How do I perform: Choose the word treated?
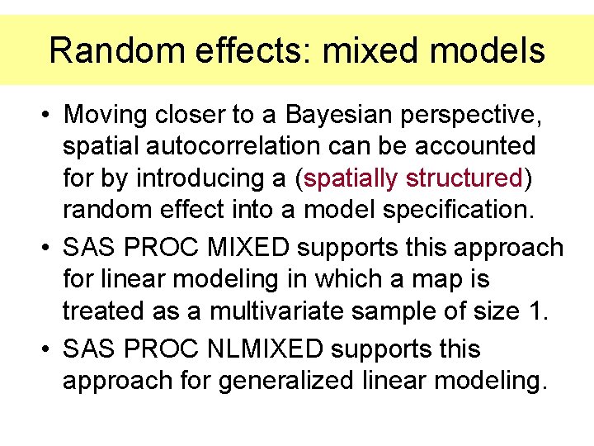pos(106,312)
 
